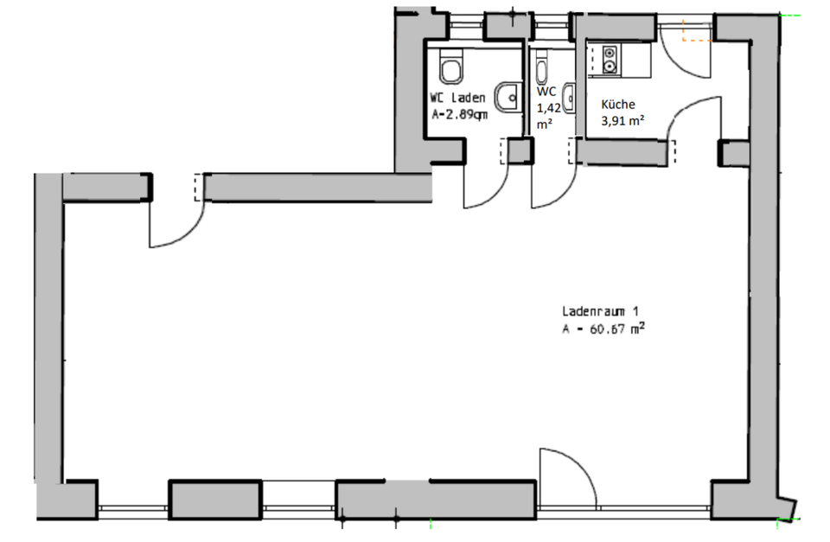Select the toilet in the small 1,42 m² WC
coord(542,68)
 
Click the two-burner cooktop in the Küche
coord(608,59)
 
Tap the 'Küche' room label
coord(618,104)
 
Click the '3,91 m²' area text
coord(622,121)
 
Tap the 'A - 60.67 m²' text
coord(603,328)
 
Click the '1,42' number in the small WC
coord(547,108)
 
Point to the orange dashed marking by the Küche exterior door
coord(696,33)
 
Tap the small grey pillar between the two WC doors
coord(519,150)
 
